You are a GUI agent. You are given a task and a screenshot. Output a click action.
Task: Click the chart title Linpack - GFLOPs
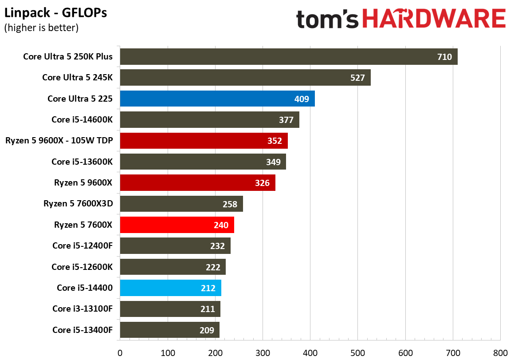pyautogui.click(x=55, y=13)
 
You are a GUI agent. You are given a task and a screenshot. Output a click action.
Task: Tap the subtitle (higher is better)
pyautogui.click(x=41, y=28)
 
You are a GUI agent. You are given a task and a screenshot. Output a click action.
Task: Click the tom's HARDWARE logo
pyautogui.click(x=401, y=19)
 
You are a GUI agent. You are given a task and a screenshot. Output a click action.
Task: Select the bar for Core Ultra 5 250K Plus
pyautogui.click(x=289, y=57)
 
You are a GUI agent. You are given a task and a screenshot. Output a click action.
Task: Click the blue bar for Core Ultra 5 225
pyautogui.click(x=217, y=99)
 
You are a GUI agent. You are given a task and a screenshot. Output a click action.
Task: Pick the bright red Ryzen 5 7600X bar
pyautogui.click(x=177, y=225)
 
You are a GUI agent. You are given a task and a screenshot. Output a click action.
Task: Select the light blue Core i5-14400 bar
pyautogui.click(x=170, y=288)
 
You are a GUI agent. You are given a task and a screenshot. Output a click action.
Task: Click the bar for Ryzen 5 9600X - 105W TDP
pyautogui.click(x=204, y=141)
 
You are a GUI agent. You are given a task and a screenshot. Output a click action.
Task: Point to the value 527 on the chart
pyautogui.click(x=357, y=78)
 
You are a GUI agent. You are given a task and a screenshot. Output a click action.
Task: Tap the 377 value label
pyautogui.click(x=286, y=120)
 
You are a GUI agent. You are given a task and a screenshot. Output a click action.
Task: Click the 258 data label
pyautogui.click(x=230, y=204)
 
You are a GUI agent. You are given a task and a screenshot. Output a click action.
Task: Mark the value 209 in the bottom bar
pyautogui.click(x=207, y=330)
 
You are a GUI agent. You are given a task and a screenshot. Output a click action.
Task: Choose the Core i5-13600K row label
pyautogui.click(x=82, y=162)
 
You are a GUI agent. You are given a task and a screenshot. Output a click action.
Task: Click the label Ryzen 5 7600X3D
pyautogui.click(x=78, y=204)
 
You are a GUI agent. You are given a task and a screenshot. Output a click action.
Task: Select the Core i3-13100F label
pyautogui.click(x=82, y=309)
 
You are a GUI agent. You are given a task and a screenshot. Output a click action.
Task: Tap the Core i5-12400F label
pyautogui.click(x=82, y=246)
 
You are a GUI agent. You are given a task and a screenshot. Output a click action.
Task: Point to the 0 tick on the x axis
pyautogui.click(x=120, y=353)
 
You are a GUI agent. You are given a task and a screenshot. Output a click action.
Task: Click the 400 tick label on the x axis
pyautogui.click(x=310, y=353)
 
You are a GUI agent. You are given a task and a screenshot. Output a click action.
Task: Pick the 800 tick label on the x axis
pyautogui.click(x=500, y=353)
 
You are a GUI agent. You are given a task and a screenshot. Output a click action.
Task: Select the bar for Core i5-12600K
pyautogui.click(x=173, y=267)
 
